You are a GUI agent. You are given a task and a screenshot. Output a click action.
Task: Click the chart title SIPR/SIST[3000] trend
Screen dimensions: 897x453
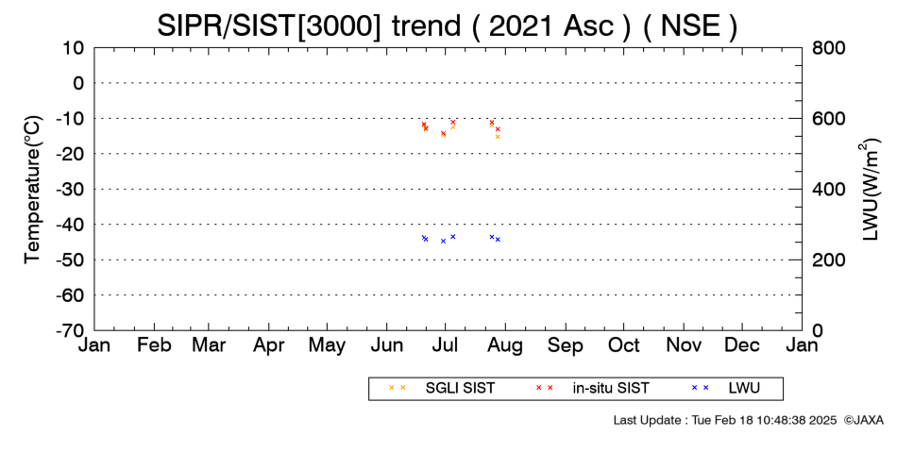tap(309, 25)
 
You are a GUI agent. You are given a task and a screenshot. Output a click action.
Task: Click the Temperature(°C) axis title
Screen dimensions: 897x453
tap(33, 190)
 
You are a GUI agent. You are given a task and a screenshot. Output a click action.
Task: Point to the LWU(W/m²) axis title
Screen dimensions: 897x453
tap(870, 190)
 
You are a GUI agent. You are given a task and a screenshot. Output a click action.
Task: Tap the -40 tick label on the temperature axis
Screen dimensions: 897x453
tap(70, 225)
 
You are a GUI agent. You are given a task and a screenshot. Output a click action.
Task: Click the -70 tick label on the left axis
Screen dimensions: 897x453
tap(70, 330)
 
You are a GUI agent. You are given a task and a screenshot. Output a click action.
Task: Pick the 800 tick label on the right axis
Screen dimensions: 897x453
tap(828, 47)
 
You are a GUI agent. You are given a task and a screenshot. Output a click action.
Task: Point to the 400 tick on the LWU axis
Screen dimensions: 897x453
tap(828, 189)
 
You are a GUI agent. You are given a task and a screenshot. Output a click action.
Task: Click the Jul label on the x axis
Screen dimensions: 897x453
tap(445, 345)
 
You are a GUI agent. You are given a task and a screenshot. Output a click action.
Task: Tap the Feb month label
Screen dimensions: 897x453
tap(155, 345)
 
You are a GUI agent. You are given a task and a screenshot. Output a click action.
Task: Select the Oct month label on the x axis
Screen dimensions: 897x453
tap(623, 345)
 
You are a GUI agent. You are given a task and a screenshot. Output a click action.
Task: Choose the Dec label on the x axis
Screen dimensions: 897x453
tap(742, 345)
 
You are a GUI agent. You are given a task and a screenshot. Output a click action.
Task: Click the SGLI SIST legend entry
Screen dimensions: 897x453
tap(442, 389)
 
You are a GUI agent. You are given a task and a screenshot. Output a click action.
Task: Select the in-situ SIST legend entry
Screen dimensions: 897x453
tap(592, 389)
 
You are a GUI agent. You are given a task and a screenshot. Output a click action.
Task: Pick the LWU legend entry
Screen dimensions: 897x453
tap(726, 389)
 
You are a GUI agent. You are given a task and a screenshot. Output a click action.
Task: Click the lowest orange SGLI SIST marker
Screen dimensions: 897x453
tap(498, 137)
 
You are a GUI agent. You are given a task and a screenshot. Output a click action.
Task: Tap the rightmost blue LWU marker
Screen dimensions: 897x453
tap(498, 240)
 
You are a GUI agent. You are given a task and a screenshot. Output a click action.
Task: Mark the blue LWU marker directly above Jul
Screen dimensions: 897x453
tap(444, 241)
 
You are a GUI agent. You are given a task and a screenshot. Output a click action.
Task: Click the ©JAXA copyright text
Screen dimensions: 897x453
tap(864, 420)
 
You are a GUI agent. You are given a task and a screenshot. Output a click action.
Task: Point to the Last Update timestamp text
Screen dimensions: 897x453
tap(725, 420)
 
